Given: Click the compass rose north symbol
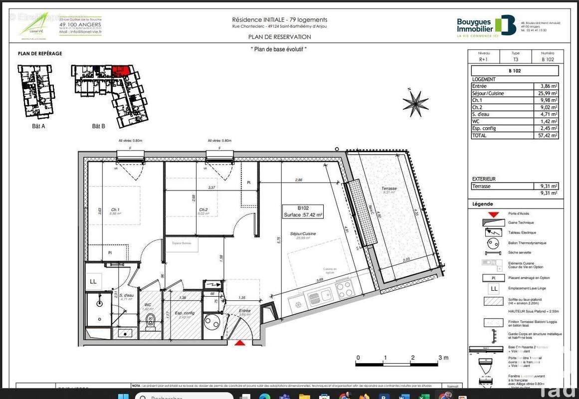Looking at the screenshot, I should pyautogui.click(x=415, y=103).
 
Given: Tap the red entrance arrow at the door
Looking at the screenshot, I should pyautogui.click(x=240, y=343).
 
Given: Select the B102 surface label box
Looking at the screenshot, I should pyautogui.click(x=303, y=211).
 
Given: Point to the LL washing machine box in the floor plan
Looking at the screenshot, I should pyautogui.click(x=93, y=282).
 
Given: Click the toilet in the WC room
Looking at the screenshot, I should pyautogui.click(x=151, y=322).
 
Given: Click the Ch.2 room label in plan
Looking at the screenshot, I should pyautogui.click(x=203, y=209).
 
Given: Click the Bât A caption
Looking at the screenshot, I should pyautogui.click(x=38, y=126).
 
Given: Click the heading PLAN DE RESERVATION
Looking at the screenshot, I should pyautogui.click(x=279, y=37).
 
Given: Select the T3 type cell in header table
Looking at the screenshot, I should pyautogui.click(x=516, y=59).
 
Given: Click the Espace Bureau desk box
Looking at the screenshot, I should pyautogui.click(x=182, y=244).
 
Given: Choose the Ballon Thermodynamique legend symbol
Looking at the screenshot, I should pyautogui.click(x=492, y=243).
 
